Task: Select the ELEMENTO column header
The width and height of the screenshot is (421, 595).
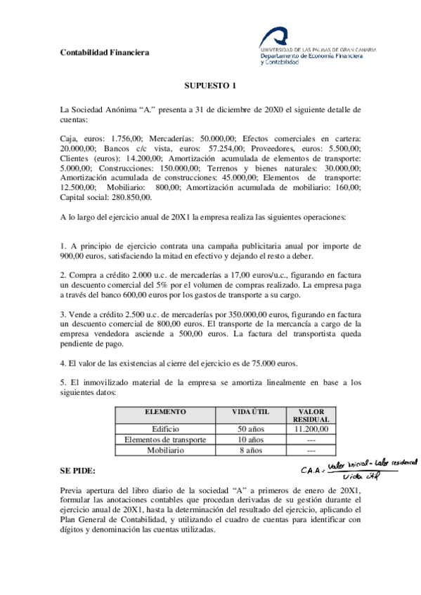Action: [165, 413]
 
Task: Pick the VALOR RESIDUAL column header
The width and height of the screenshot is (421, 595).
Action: [311, 415]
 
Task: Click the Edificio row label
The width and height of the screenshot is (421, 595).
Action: [166, 429]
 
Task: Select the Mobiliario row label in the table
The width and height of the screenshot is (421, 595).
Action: [166, 450]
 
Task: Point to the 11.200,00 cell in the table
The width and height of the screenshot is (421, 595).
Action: [311, 429]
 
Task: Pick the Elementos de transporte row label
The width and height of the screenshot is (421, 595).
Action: [166, 440]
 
